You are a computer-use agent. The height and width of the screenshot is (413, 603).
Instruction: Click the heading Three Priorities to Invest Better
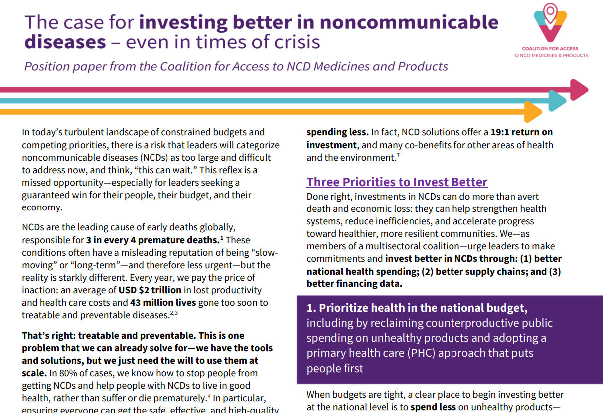397,182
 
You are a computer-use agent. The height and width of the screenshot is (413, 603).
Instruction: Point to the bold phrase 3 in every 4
116,240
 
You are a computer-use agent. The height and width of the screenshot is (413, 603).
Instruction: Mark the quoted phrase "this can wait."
179,170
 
